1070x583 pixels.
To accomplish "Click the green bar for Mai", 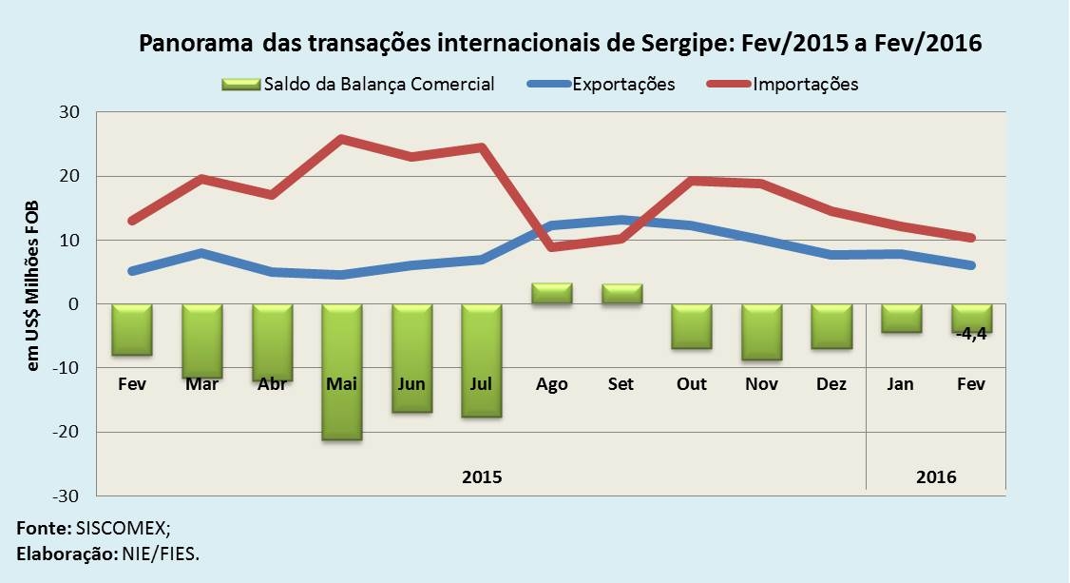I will pyautogui.click(x=342, y=372).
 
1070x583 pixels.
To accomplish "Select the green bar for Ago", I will pyautogui.click(x=551, y=294).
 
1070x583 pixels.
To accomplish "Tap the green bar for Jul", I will pyautogui.click(x=482, y=360).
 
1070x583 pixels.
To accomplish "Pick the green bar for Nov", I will pyautogui.click(x=762, y=332).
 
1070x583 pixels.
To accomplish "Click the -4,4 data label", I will pyautogui.click(x=972, y=334).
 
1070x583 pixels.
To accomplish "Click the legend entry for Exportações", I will pyautogui.click(x=623, y=84).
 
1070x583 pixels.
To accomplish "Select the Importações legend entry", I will pyautogui.click(x=805, y=84).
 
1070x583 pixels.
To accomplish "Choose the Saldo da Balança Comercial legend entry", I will pyautogui.click(x=379, y=84).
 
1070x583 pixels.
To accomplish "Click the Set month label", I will pyautogui.click(x=621, y=384).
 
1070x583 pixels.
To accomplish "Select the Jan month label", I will pyautogui.click(x=901, y=384).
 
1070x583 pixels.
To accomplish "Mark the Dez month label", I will pyautogui.click(x=831, y=384).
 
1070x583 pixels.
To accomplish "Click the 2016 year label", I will pyautogui.click(x=936, y=476).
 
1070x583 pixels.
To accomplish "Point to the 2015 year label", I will pyautogui.click(x=482, y=476).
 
